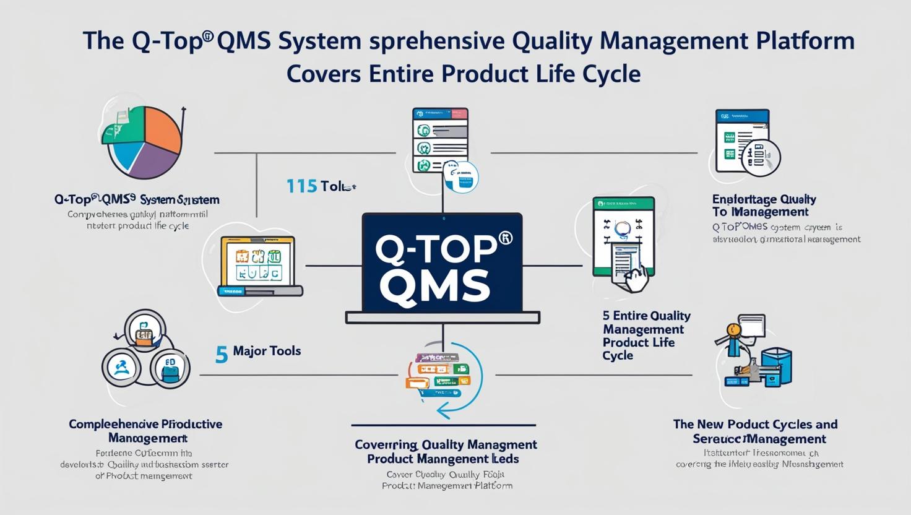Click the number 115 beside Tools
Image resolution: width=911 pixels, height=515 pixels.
point(301,186)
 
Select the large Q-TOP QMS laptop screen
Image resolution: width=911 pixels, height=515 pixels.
point(442,262)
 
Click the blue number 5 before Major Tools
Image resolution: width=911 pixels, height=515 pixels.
point(222,354)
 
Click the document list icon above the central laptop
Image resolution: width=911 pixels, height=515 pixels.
point(440,141)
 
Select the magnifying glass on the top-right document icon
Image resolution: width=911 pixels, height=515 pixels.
point(762,157)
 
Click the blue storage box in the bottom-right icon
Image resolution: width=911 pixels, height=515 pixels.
point(776,366)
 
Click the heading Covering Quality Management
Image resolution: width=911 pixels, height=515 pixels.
point(446,444)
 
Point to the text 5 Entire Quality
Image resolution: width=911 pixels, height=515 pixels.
point(646,316)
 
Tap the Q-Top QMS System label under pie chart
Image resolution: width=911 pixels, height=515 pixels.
point(137,199)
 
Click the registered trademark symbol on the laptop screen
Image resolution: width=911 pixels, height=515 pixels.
point(506,238)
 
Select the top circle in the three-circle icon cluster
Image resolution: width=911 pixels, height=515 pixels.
point(145,331)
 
